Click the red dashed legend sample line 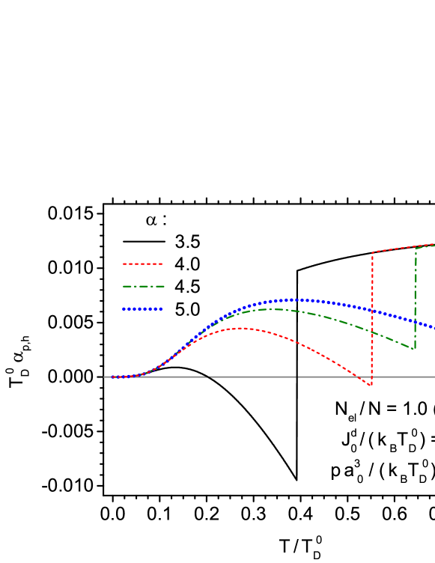click(142, 264)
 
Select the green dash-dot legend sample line click(142, 286)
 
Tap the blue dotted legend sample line click(142, 308)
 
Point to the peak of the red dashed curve click(240, 328)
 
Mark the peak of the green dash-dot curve click(274, 309)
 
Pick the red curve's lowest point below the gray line click(371, 385)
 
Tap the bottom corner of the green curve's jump click(414, 348)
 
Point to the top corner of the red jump click(373, 252)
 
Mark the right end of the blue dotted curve click(434, 327)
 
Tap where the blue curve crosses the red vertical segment click(372, 310)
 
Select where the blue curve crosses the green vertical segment click(416, 322)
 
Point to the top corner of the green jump click(416, 249)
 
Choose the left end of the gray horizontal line click(105, 377)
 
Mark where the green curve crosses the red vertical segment click(372, 331)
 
